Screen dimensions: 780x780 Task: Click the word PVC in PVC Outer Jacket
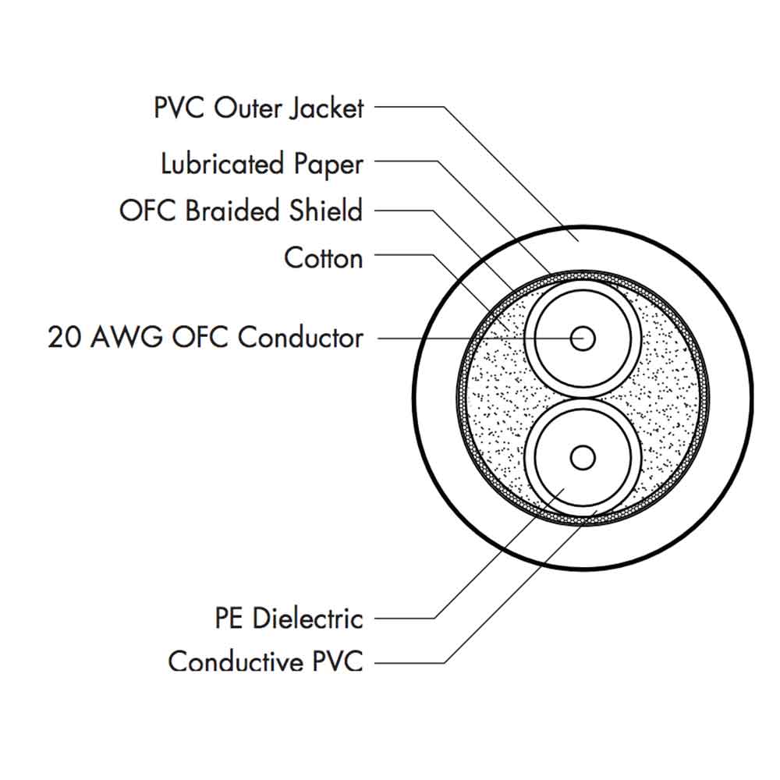(x=179, y=108)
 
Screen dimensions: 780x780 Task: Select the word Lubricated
(x=222, y=164)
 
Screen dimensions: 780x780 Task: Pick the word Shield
(x=327, y=211)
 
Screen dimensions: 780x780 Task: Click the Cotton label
(x=324, y=257)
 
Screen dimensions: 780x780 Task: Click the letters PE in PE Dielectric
(x=229, y=619)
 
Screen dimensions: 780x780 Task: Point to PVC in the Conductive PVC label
(x=338, y=661)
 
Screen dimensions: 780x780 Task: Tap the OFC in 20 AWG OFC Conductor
(x=204, y=338)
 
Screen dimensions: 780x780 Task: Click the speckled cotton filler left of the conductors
(x=495, y=398)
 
